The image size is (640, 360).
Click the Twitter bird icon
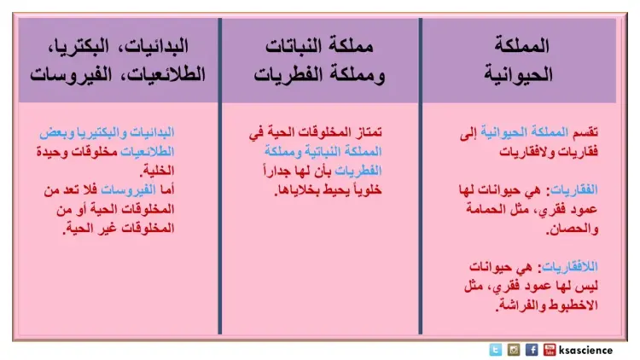pos(495,350)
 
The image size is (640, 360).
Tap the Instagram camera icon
pos(514,350)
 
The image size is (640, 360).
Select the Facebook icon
pos(532,350)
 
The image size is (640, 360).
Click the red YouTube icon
pos(550,350)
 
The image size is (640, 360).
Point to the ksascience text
pos(585,351)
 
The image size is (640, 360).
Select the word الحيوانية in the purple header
pos(518,75)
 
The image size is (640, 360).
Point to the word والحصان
pos(573,229)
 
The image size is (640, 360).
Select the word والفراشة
pos(519,305)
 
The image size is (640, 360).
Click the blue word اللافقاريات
pos(569,267)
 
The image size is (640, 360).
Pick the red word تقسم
pos(585,132)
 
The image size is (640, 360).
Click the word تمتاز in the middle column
pos(367,132)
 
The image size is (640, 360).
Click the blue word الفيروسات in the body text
pos(128,189)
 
